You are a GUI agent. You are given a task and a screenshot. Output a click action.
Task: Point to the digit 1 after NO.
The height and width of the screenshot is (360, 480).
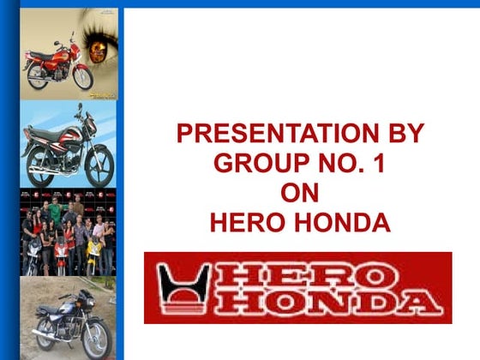(379, 164)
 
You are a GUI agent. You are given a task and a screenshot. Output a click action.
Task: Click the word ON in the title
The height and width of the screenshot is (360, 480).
(299, 194)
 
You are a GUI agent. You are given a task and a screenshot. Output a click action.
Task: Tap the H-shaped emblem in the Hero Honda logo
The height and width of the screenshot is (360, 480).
(183, 289)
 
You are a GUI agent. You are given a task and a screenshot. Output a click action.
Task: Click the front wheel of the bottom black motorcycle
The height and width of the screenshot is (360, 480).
(96, 339)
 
